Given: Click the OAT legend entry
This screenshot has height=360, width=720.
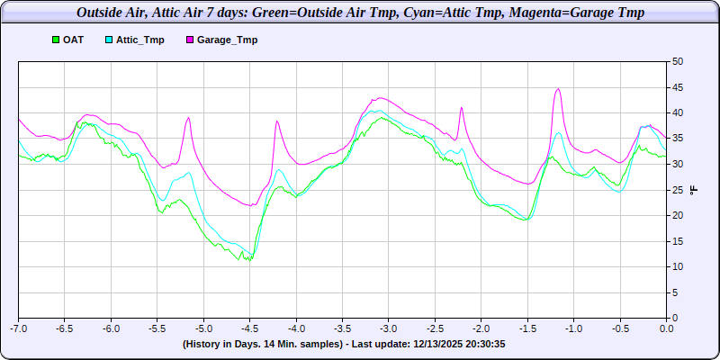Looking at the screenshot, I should [x=73, y=40].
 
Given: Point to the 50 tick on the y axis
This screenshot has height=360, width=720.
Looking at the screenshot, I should [x=678, y=61].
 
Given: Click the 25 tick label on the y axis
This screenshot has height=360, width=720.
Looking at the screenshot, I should [x=678, y=190].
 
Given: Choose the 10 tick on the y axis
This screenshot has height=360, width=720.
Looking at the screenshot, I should [x=678, y=266].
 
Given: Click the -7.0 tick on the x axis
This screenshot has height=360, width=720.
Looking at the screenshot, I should [x=19, y=329].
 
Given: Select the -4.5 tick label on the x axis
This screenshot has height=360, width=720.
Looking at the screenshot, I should [x=249, y=329].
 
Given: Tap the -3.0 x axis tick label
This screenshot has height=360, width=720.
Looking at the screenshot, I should [x=388, y=329].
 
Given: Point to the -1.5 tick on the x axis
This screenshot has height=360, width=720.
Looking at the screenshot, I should [x=526, y=329].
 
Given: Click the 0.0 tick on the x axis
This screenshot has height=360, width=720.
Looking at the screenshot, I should [x=666, y=329].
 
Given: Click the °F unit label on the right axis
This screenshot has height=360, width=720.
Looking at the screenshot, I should [x=693, y=190].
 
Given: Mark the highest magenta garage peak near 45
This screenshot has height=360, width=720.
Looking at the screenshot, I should [x=559, y=88].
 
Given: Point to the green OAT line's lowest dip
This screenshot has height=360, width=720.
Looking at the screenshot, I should [x=249, y=261].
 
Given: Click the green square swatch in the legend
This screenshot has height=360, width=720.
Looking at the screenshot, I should [x=56, y=40].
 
